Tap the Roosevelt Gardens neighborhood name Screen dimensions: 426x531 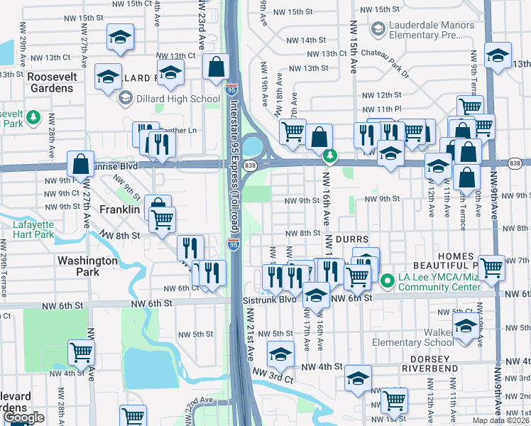tap(50, 82)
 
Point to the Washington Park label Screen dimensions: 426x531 tap(87, 266)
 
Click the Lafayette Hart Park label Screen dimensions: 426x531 tap(33, 230)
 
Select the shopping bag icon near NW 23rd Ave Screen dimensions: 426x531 tap(215, 68)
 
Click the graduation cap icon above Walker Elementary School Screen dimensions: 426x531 tap(466, 327)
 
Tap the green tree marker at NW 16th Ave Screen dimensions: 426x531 tap(329, 154)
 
